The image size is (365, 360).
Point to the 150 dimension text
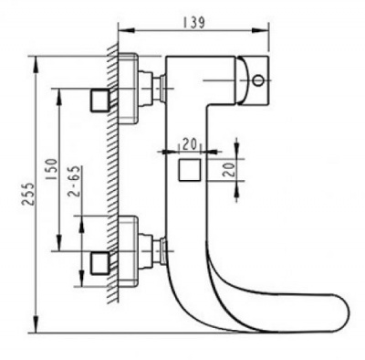coord(53,172)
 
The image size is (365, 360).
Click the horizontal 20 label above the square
coord(189,143)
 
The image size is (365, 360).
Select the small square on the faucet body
coord(190,170)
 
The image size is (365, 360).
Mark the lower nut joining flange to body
coord(162,248)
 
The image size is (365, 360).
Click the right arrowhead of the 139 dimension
coord(271,31)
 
